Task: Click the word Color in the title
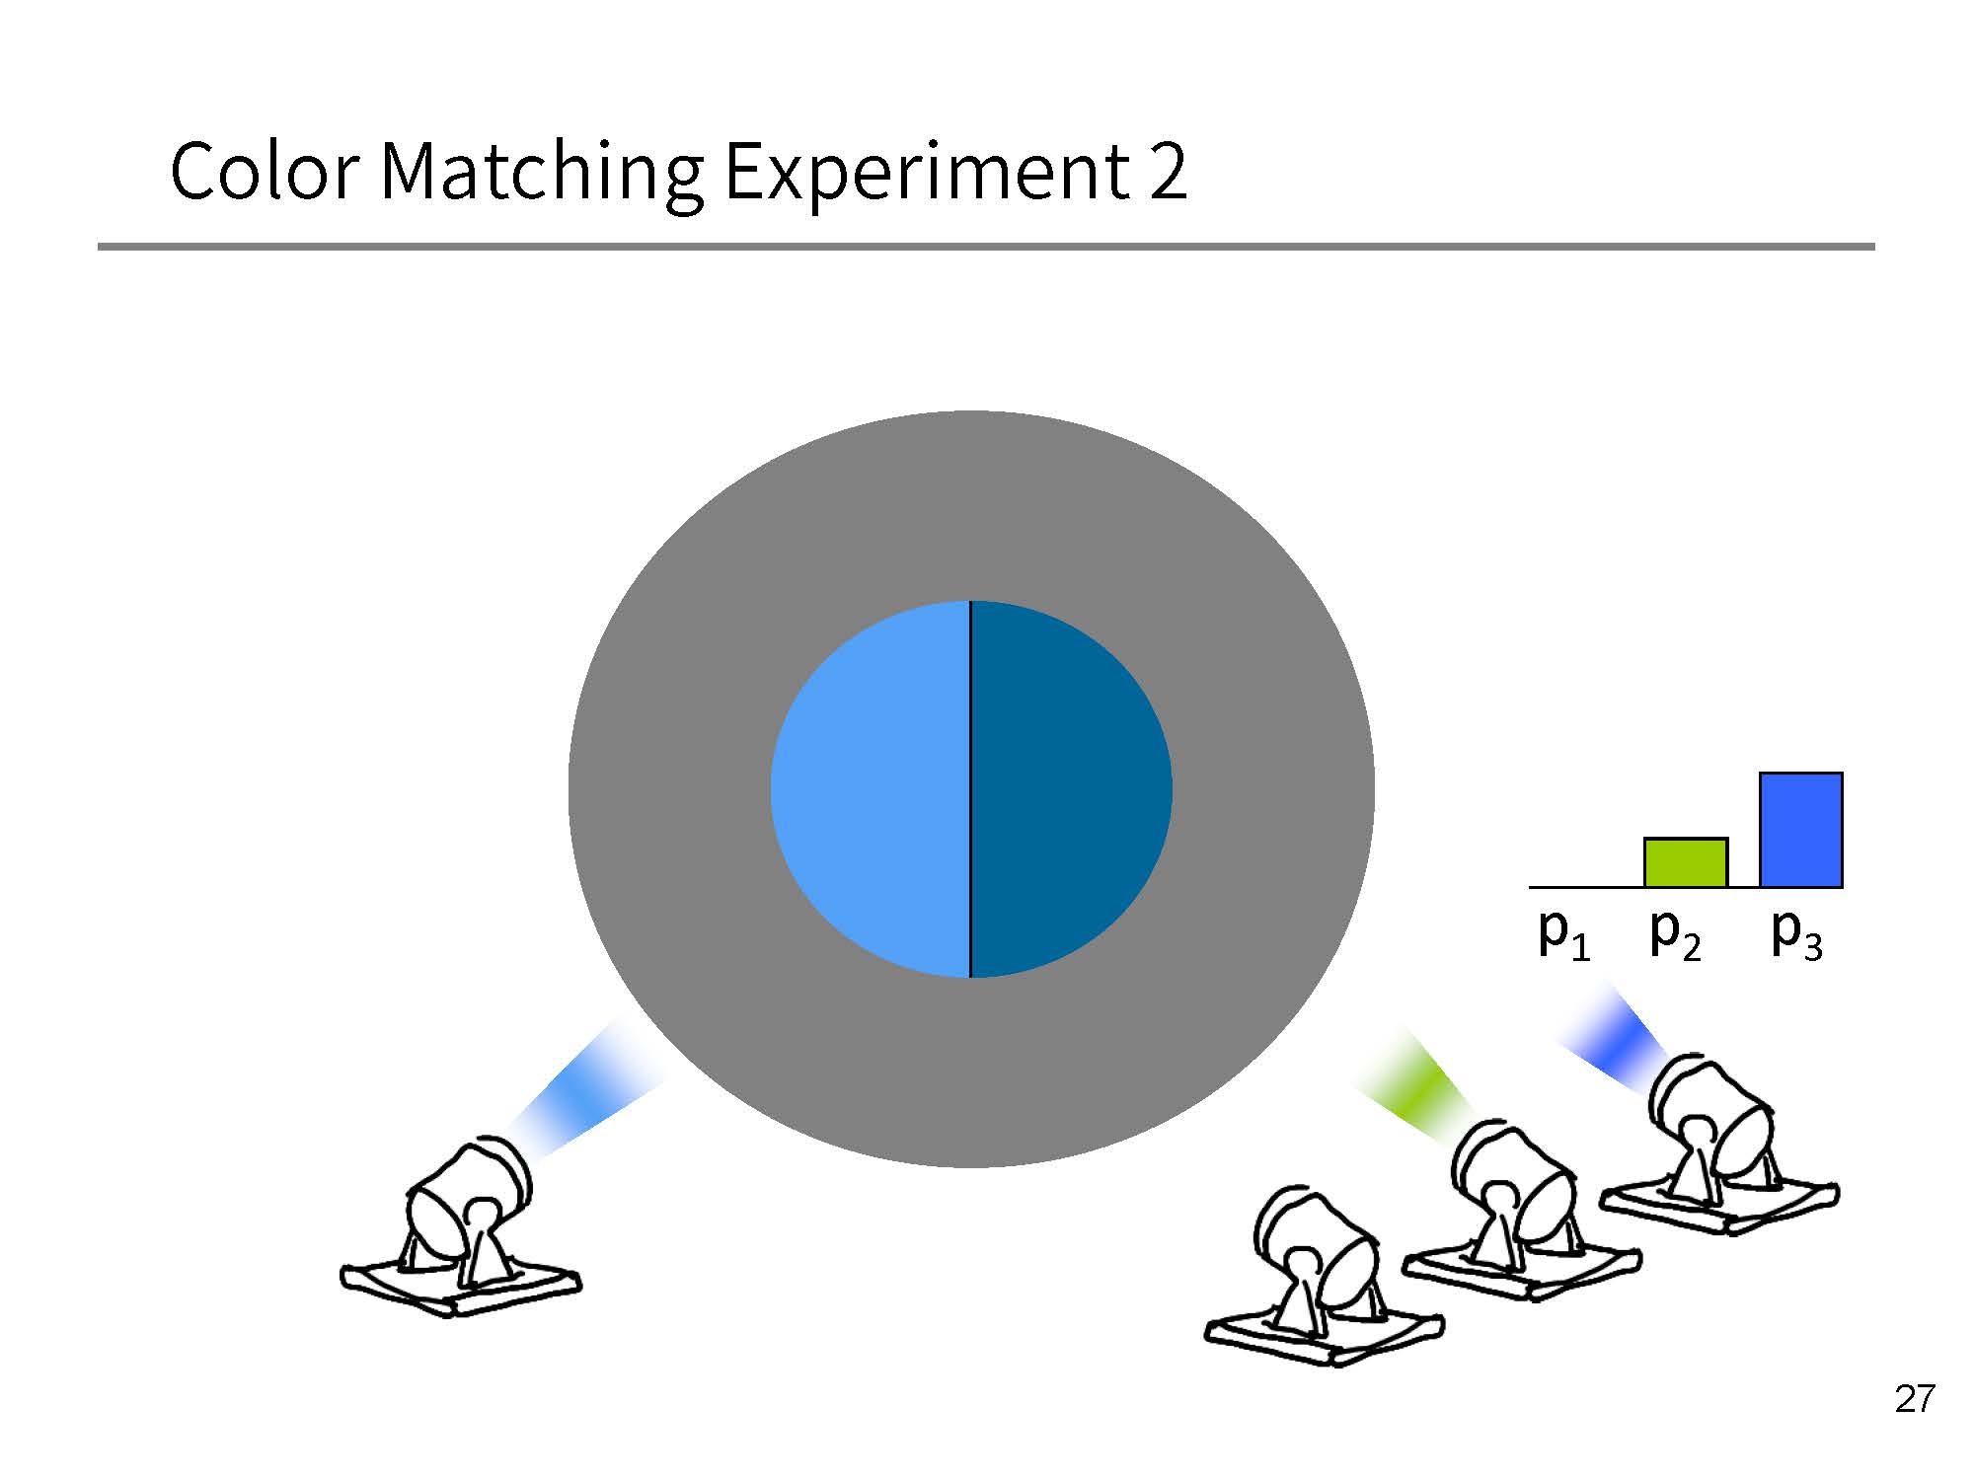[264, 171]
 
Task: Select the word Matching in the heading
[542, 176]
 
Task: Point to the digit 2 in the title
[1168, 172]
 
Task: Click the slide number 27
[1915, 1399]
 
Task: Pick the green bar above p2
[1685, 862]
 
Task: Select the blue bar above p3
[1801, 830]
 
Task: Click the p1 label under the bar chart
[1564, 933]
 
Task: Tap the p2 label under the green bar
[1676, 933]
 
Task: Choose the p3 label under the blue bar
[1796, 933]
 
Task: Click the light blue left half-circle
[870, 789]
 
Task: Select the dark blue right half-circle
[1071, 789]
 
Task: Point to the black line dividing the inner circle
[970, 789]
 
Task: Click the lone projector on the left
[460, 1227]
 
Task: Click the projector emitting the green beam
[1521, 1208]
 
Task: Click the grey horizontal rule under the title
[986, 246]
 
